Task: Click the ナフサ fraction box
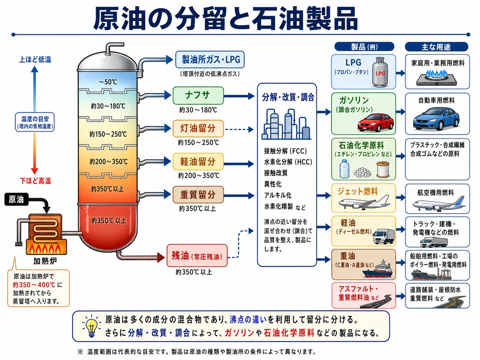click(198, 96)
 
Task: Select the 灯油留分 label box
click(198, 128)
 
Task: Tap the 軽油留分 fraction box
click(198, 162)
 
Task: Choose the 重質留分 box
click(198, 195)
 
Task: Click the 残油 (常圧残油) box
click(197, 256)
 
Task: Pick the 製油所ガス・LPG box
click(210, 60)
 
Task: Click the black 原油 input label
click(16, 199)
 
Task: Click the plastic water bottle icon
click(344, 168)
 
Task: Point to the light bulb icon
click(92, 327)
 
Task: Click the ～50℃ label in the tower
click(108, 82)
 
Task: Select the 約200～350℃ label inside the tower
click(108, 162)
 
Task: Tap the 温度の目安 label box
click(35, 122)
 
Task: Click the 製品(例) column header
click(364, 47)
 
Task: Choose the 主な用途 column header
click(436, 47)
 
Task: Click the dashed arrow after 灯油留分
click(239, 129)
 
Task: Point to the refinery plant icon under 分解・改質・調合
click(286, 124)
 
